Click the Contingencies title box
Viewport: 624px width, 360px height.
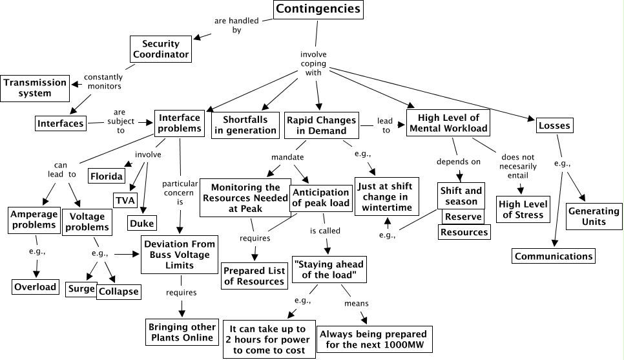(x=318, y=10)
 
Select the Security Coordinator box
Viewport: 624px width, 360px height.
(x=165, y=49)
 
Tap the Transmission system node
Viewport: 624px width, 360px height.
(x=35, y=88)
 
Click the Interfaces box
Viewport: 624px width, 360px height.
(x=60, y=123)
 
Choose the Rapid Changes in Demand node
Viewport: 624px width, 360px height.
(x=321, y=125)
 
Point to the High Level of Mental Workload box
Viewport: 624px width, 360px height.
(x=448, y=123)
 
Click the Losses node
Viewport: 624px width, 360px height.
(x=554, y=125)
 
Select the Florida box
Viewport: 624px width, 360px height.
(x=107, y=176)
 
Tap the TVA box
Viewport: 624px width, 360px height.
(x=125, y=199)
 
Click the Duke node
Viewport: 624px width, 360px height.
(x=141, y=224)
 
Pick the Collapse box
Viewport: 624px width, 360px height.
(x=119, y=291)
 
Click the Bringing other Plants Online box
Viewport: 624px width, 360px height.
(x=180, y=332)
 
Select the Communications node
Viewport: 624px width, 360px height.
(x=554, y=256)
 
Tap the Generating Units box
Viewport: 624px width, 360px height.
(x=593, y=217)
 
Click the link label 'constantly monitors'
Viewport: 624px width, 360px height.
(x=103, y=81)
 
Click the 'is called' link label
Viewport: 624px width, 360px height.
(x=324, y=230)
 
